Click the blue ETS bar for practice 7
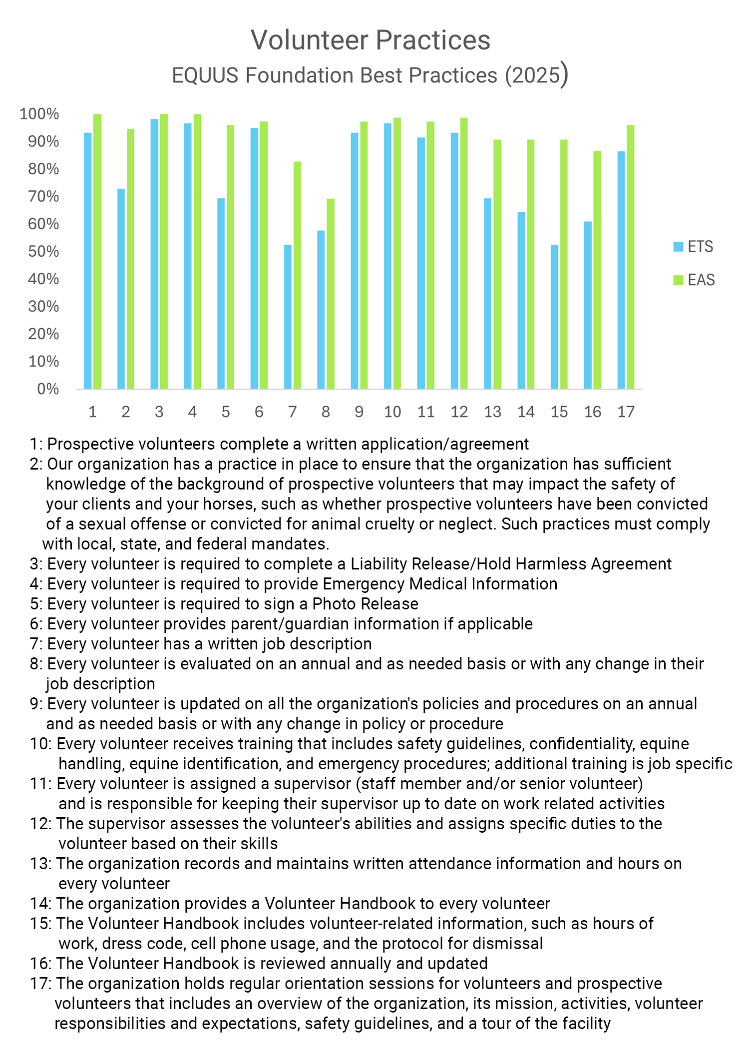pos(288,317)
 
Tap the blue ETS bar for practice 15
pos(554,317)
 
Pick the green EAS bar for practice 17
pos(631,257)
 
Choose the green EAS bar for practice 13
pos(497,264)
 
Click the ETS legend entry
pos(694,247)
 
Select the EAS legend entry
pos(694,280)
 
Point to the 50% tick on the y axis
pos(43,252)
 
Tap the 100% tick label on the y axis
pos(39,114)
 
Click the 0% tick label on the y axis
pos(48,389)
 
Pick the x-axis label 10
pos(392,412)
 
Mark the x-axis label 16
pos(593,412)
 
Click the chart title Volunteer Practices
pos(371,40)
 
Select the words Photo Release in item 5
pos(366,604)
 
